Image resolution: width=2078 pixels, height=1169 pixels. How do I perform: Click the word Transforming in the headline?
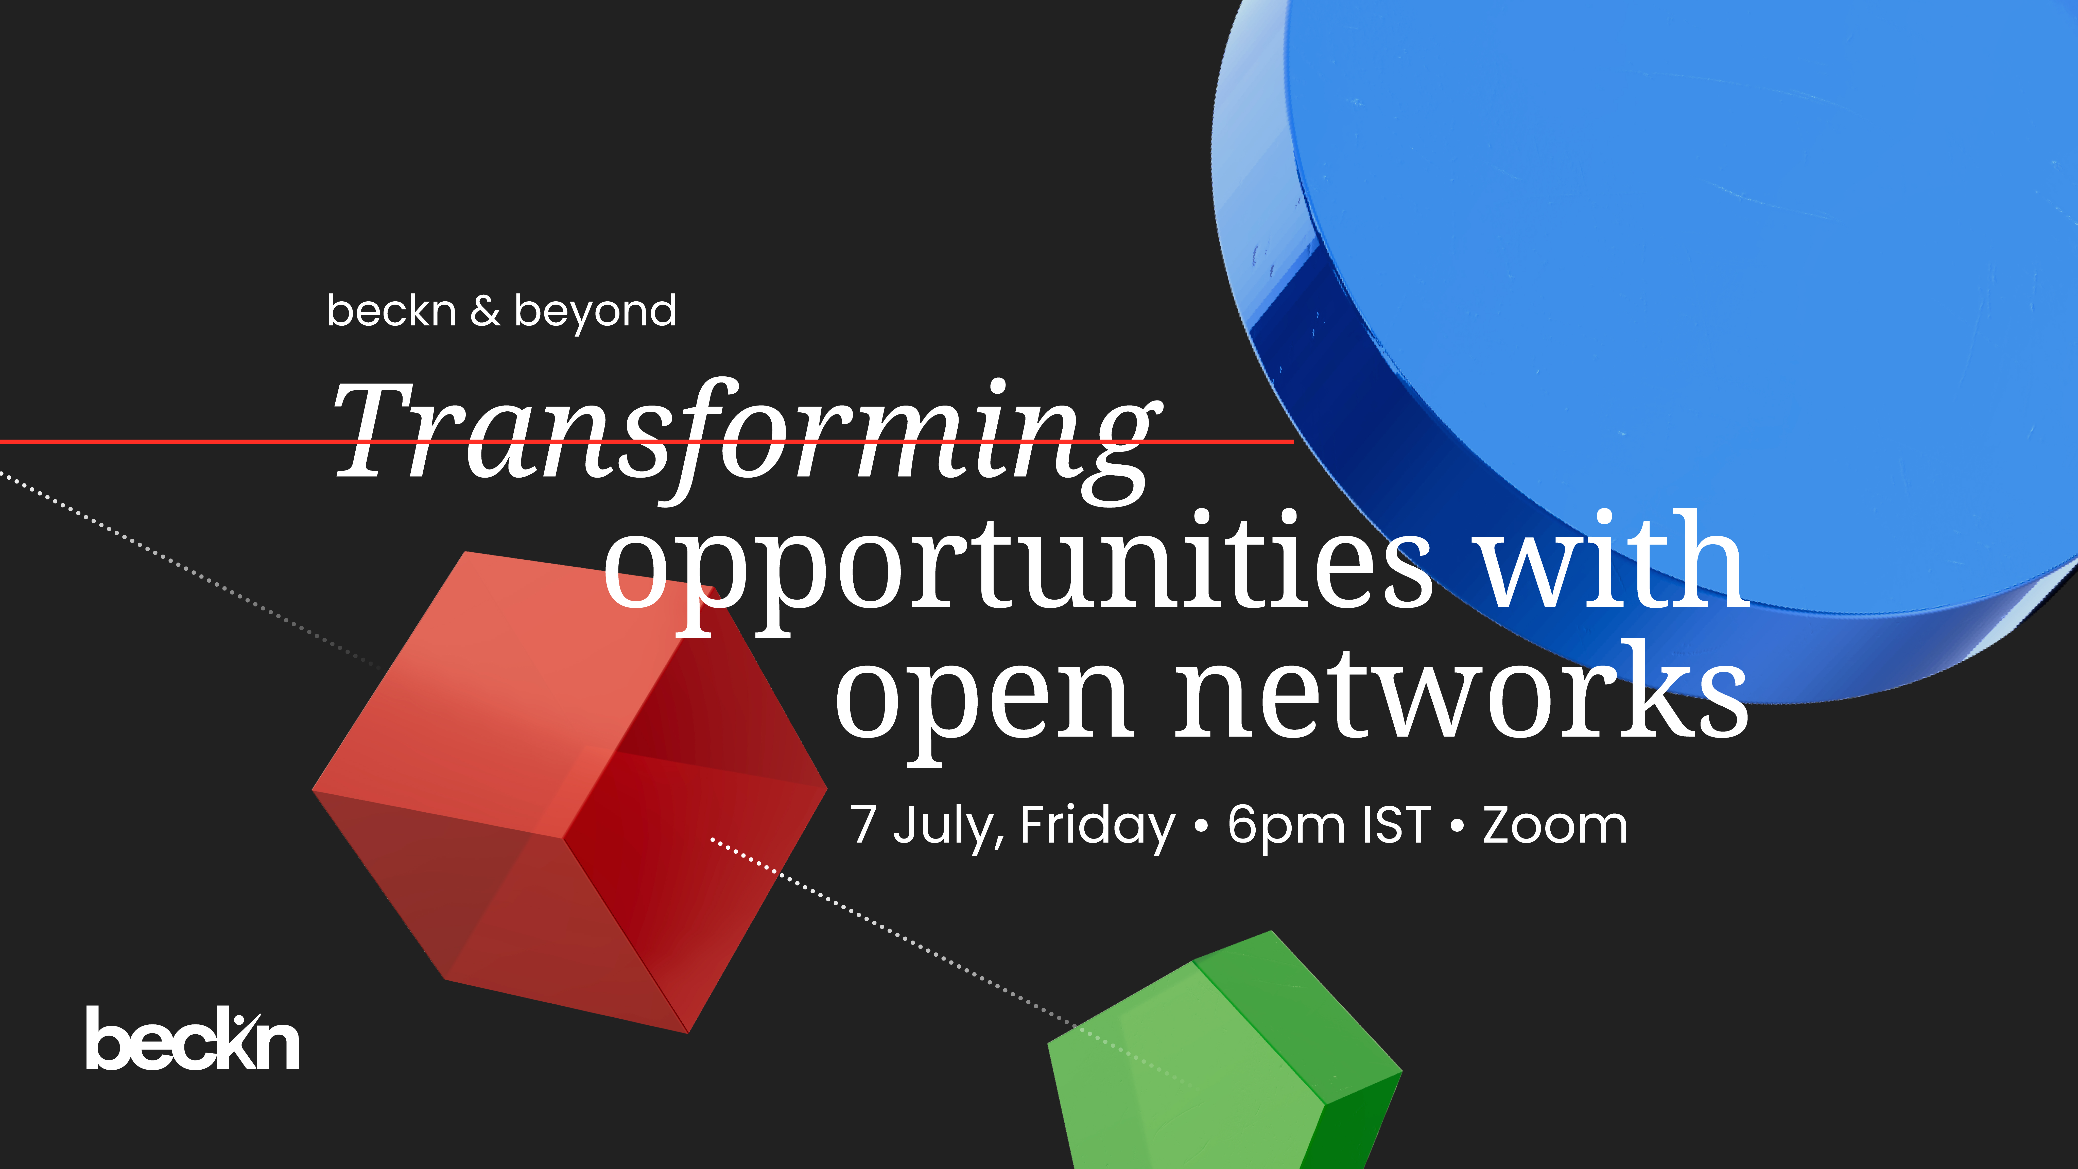(747, 440)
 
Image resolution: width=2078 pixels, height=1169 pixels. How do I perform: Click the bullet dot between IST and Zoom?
(1457, 826)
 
